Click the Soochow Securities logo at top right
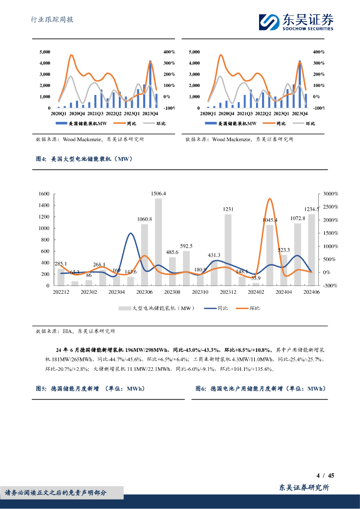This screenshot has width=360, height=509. coord(296,21)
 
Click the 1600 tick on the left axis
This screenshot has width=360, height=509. coord(44,194)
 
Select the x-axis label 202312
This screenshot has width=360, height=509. coord(228,293)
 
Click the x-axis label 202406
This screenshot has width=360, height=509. coord(311,293)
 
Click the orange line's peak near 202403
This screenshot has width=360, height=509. coord(269,199)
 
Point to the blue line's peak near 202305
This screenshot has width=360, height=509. coord(130,233)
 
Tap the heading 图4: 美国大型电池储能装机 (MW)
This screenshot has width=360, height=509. coord(84,160)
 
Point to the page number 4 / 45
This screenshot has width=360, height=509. coord(325,475)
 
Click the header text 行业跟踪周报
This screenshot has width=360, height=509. coord(52,20)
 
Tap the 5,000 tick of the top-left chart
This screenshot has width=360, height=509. coord(44,52)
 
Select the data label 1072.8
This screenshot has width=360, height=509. coord(297,218)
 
